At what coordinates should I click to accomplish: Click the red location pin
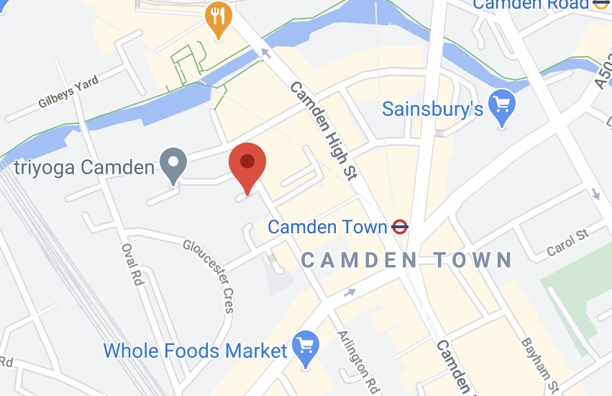pyautogui.click(x=247, y=163)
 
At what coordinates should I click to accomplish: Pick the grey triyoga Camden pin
pyautogui.click(x=173, y=163)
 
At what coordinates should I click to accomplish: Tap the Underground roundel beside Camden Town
pyautogui.click(x=400, y=228)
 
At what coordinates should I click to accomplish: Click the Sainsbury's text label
pyautogui.click(x=432, y=109)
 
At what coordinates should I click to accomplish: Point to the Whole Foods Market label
pyautogui.click(x=196, y=351)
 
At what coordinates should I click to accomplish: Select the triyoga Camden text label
pyautogui.click(x=85, y=168)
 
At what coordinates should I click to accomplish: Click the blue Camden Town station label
pyautogui.click(x=327, y=228)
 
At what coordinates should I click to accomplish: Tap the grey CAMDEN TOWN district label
pyautogui.click(x=406, y=260)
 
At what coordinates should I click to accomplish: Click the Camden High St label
pyautogui.click(x=324, y=130)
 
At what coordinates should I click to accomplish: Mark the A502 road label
pyautogui.click(x=603, y=72)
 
